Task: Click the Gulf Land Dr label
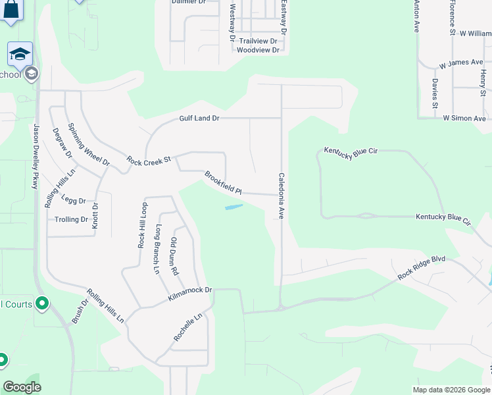tap(199, 118)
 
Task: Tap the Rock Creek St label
tap(149, 160)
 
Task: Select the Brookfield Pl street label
tap(223, 184)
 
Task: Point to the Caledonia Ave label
tap(281, 196)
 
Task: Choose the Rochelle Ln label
tap(187, 327)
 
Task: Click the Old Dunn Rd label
tap(174, 256)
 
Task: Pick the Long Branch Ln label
tap(158, 250)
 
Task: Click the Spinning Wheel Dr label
tap(88, 145)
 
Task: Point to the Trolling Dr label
tap(72, 220)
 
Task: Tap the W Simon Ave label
tap(464, 118)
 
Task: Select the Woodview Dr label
tap(258, 50)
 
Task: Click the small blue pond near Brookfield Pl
tap(234, 207)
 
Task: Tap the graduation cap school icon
tap(20, 53)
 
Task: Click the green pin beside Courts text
tap(43, 303)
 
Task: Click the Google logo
tap(22, 387)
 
